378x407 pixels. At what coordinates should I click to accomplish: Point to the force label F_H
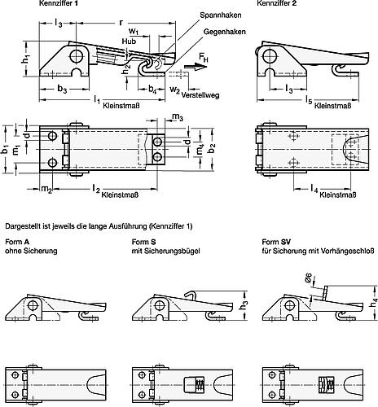[x=204, y=59]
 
